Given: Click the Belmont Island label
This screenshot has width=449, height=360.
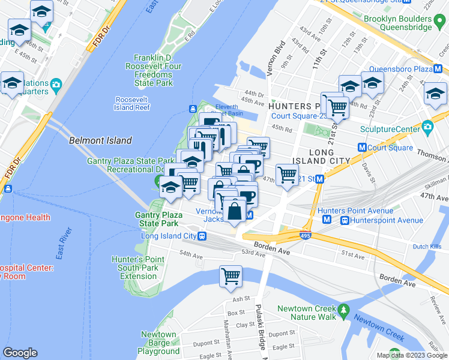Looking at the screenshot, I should coord(100,140).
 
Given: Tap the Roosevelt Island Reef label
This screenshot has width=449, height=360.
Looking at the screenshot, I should coord(132,103).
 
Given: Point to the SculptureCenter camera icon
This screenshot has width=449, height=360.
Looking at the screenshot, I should coord(427,127).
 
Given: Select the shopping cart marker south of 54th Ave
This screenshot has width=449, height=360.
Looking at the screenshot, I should coord(231,277).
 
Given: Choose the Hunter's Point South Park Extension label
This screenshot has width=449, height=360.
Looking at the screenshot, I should coord(138,268).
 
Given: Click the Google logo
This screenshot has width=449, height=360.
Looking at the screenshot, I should coord(20,352).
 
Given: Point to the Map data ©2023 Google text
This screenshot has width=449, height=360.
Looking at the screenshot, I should coord(411,355).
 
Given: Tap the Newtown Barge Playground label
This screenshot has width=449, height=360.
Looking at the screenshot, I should coord(158,343).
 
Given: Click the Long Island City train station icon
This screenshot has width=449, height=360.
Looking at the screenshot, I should coord(203,236).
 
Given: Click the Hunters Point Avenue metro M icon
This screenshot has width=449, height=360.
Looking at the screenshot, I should coord(327,220).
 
